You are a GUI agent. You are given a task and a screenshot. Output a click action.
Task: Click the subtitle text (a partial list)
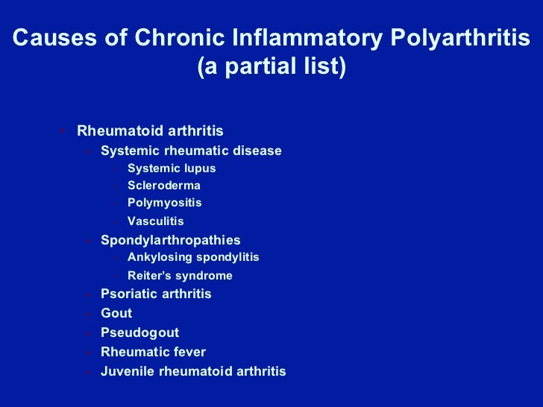coord(271,68)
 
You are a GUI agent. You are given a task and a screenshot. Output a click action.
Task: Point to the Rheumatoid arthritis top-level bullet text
coord(150,131)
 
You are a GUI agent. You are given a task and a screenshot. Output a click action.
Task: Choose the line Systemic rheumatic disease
coord(191,151)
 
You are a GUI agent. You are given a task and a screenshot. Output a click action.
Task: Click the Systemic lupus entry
coord(172,168)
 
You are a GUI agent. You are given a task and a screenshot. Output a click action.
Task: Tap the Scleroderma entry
coord(163,186)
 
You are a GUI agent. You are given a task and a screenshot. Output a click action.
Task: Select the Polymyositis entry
coord(164,203)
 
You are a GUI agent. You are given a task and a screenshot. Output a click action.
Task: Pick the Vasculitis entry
coord(155,221)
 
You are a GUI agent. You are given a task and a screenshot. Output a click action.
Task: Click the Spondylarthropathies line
coord(170,240)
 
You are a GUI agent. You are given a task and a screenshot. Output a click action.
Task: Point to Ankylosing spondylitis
coord(193,257)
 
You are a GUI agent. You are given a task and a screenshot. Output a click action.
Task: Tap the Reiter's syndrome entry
coord(180,276)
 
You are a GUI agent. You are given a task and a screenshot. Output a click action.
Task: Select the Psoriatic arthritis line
coord(156,294)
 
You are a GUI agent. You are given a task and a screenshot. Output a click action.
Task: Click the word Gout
coord(116,313)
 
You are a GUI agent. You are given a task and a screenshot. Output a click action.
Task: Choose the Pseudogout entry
coord(139,332)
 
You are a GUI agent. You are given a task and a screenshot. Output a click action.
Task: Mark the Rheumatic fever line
coord(153,352)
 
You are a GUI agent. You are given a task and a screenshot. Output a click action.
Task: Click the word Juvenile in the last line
coord(125,371)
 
